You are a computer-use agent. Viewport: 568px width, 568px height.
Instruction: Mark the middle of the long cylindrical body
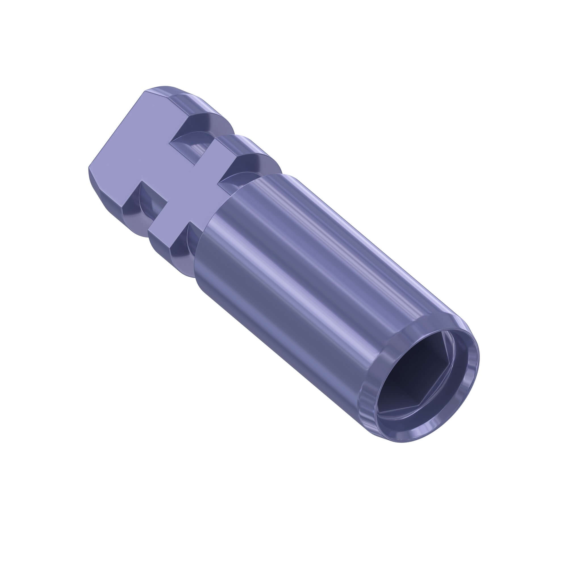pos(309,282)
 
